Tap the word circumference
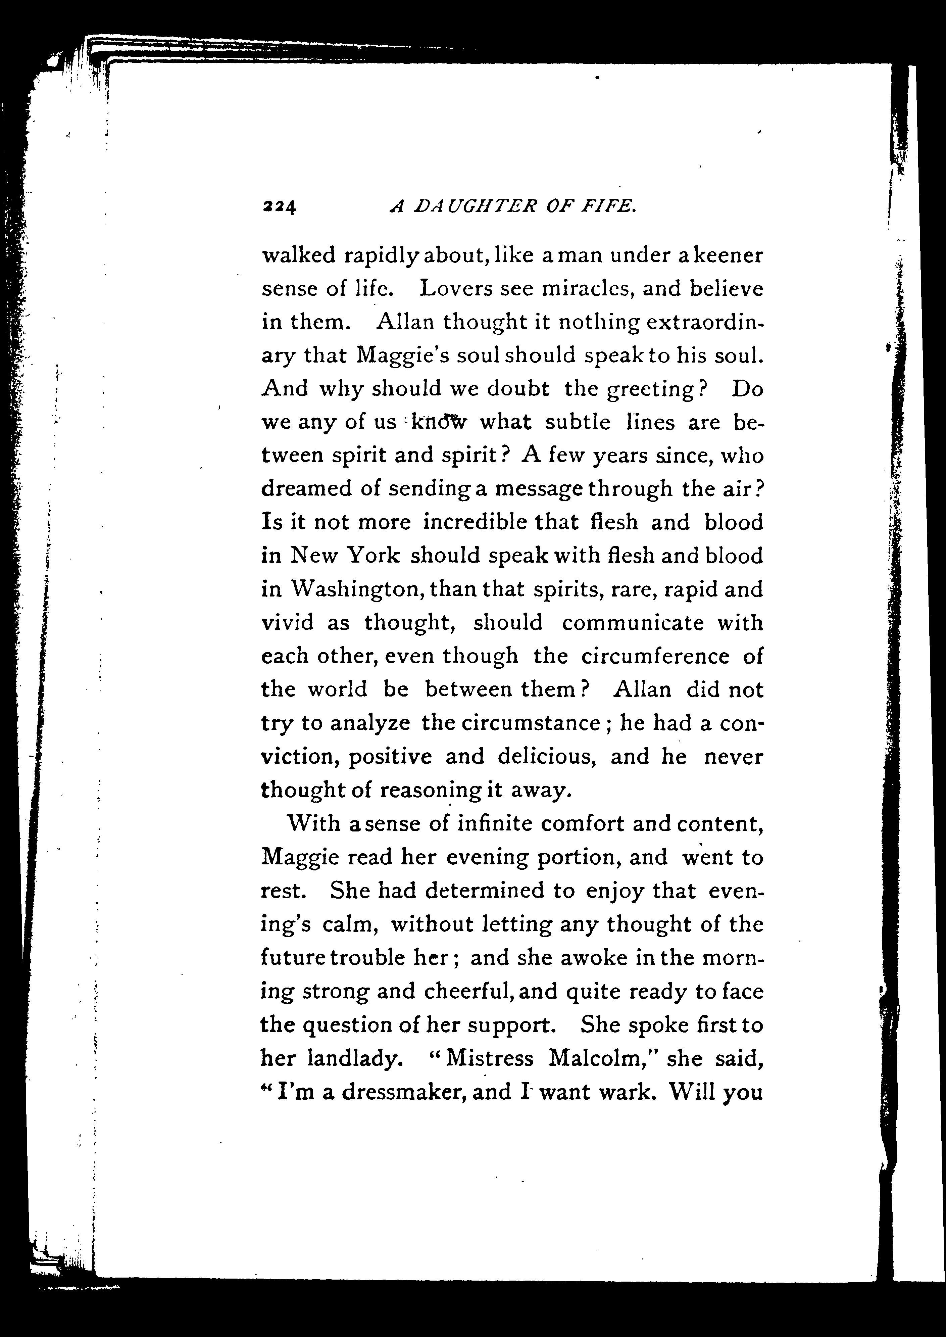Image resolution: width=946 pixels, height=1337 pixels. (655, 657)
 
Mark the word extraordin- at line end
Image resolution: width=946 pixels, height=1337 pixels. (705, 322)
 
